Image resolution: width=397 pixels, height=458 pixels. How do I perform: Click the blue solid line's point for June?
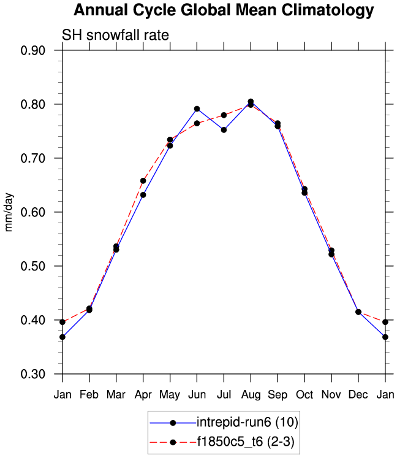pos(197,109)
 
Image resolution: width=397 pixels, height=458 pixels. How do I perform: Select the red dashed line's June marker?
pos(197,123)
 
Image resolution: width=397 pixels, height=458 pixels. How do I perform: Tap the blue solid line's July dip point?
pos(224,130)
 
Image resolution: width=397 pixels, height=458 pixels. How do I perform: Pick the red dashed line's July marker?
pos(224,115)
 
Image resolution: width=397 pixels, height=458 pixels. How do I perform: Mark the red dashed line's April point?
pos(143,181)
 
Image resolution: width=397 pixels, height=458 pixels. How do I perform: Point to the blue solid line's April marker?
pos(143,195)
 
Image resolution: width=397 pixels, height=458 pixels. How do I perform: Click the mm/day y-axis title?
pos(9,212)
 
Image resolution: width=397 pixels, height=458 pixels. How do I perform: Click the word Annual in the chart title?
pos(100,11)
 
